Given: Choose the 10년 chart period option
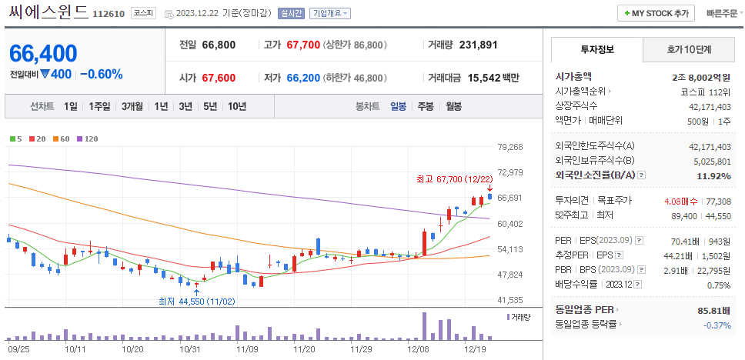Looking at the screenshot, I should (x=236, y=107).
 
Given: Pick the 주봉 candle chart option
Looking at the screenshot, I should (x=425, y=107).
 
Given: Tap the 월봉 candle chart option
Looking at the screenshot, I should (x=453, y=107).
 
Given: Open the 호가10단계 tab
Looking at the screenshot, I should (x=689, y=49).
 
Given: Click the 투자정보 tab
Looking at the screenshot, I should (x=596, y=49).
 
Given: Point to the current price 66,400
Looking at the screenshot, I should (x=44, y=53).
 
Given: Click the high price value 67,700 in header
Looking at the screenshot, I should (x=302, y=45).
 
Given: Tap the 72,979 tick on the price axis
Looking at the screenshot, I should (x=510, y=172).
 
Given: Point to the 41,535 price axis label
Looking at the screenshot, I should (x=510, y=300).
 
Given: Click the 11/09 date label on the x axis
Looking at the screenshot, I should (x=247, y=348).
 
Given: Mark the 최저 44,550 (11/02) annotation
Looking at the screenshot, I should (x=196, y=301).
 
